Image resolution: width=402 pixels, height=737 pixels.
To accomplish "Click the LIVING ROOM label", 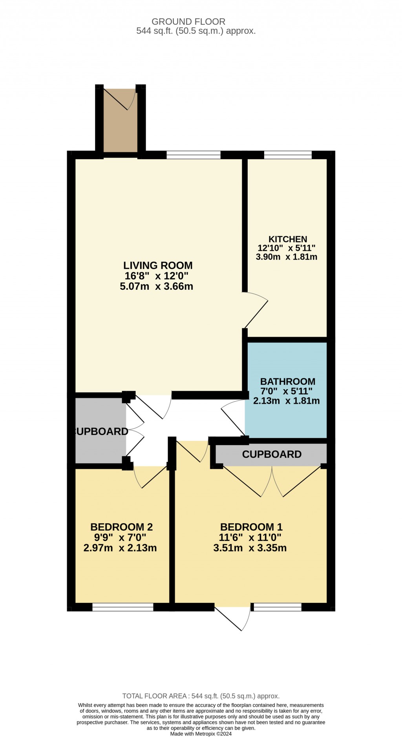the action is [x=158, y=266].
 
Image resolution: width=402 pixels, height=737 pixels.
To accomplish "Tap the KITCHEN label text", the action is [x=288, y=239].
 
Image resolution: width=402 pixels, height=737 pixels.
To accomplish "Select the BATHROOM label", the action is [x=288, y=382].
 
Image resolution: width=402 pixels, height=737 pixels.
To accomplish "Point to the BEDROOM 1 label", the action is [x=251, y=527].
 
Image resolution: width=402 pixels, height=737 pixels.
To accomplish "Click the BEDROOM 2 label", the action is [x=122, y=527].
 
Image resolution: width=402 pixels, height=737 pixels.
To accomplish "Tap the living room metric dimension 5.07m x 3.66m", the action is [x=157, y=286].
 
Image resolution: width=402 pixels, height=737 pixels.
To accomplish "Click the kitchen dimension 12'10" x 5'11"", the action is [x=287, y=248].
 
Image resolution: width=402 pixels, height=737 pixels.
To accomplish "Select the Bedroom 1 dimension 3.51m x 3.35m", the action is [x=250, y=548].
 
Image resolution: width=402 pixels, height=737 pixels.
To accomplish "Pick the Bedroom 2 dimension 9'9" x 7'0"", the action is [x=120, y=537].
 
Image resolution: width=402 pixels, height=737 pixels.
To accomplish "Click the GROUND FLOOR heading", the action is [x=188, y=22].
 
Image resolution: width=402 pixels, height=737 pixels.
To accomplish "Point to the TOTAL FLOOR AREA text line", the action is [x=201, y=696].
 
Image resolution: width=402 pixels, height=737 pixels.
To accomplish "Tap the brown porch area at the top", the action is [x=121, y=120].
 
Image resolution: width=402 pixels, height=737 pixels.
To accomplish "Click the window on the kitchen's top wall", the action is [x=288, y=155].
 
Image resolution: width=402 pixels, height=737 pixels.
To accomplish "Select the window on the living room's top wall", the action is [x=194, y=155].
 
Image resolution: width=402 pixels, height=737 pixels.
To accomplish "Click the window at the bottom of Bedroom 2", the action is [x=123, y=607].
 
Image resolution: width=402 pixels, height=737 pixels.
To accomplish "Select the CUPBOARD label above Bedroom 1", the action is [x=272, y=454].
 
